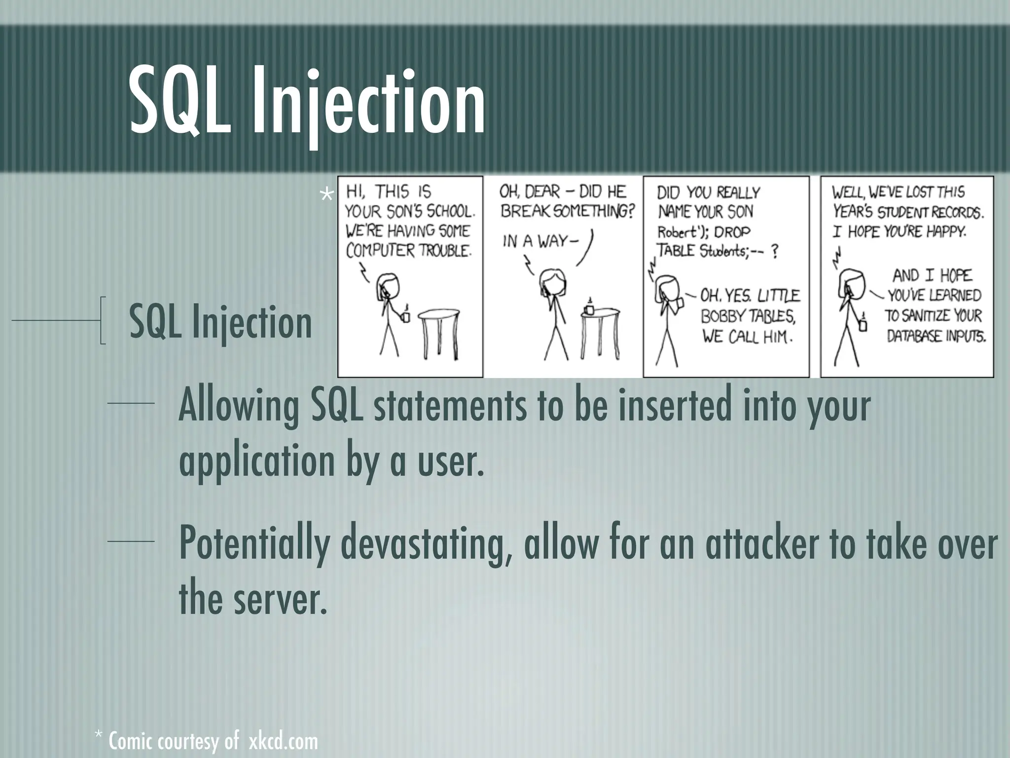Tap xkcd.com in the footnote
point(283,742)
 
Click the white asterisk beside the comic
point(326,196)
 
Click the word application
point(257,460)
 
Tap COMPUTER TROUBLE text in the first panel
point(408,251)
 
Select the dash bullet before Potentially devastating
point(131,542)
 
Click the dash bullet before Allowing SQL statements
point(131,404)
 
